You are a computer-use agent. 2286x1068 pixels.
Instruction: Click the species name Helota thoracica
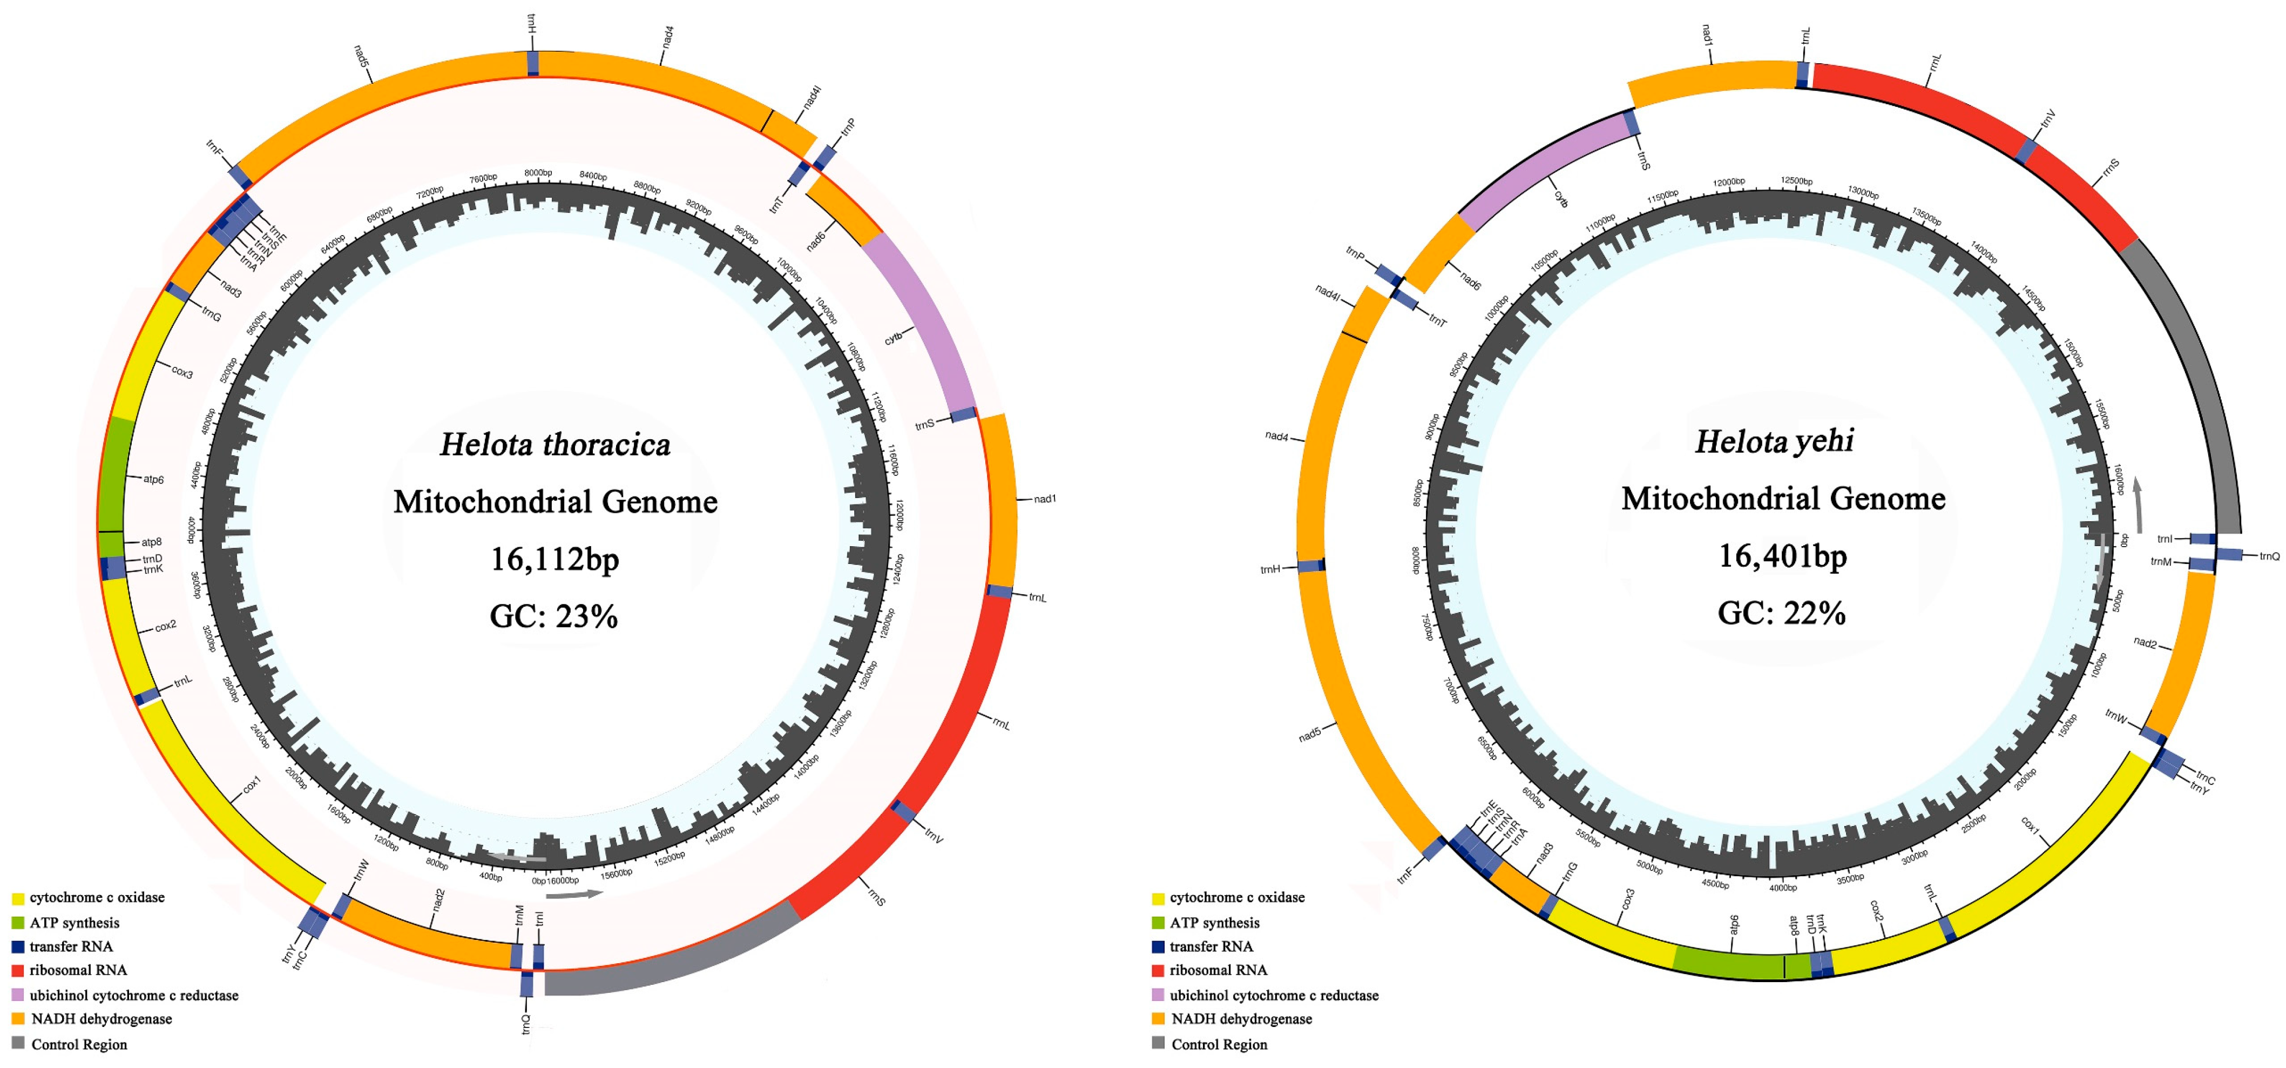tap(556, 445)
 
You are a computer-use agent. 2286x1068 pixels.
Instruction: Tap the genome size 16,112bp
tap(556, 559)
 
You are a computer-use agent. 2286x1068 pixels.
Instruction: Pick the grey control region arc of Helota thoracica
tap(674, 959)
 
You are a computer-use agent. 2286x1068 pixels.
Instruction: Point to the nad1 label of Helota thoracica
tap(1045, 499)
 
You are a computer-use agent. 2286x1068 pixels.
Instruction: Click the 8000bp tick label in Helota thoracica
tap(538, 173)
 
